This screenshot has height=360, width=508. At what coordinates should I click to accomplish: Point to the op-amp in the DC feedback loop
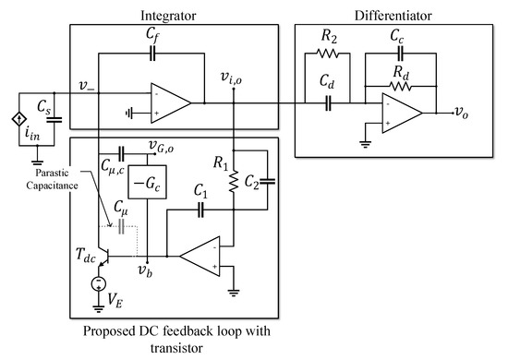[x=208, y=252]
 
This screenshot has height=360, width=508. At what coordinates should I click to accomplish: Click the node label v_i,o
[x=233, y=77]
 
